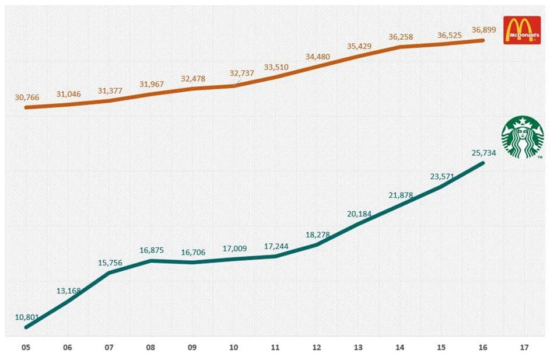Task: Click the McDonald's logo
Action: coord(522,30)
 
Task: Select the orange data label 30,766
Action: coord(27,97)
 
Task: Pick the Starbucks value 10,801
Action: coord(27,317)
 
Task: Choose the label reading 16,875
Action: coord(152,250)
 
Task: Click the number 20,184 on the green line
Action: coord(359,214)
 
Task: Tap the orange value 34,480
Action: coord(317,57)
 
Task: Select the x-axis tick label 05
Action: coord(26,347)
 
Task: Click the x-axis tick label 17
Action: coord(524,347)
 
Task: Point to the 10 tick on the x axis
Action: coord(234,347)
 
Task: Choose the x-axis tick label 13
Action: coord(358,347)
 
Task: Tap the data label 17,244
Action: coord(276,247)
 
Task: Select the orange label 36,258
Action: coord(401,37)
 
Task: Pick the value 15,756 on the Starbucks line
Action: coord(110,263)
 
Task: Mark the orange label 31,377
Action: coord(110,90)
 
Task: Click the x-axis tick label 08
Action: coord(150,347)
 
